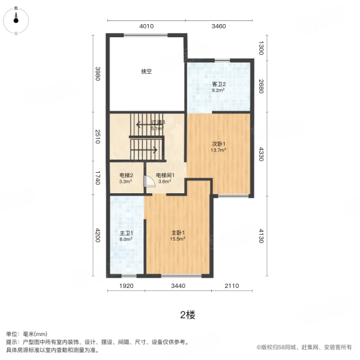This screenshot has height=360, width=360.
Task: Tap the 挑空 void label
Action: [x=146, y=71]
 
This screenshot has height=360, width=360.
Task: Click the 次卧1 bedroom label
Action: [x=218, y=144]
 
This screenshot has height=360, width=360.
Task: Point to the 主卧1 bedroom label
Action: [x=178, y=233]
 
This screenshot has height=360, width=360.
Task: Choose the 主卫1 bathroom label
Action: [x=126, y=233]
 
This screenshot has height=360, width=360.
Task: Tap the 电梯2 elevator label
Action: [x=126, y=175]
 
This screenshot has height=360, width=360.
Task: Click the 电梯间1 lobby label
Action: [x=165, y=175]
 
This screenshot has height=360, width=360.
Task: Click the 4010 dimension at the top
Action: [x=147, y=26]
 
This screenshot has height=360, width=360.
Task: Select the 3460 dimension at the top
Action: [x=218, y=26]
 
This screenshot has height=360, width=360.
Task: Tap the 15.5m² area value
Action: [x=178, y=239]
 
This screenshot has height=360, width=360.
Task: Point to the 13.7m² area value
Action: [x=218, y=150]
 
